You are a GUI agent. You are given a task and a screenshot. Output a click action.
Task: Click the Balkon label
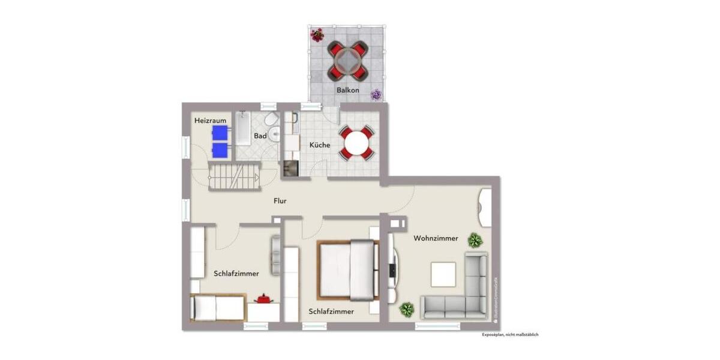click(x=347, y=91)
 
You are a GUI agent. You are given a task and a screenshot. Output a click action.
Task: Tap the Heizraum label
click(x=210, y=121)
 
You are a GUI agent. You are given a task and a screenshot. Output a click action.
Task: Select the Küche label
click(x=319, y=145)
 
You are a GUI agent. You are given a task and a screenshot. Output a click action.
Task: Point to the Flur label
click(x=280, y=201)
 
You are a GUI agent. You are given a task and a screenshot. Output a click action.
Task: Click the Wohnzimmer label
click(x=436, y=238)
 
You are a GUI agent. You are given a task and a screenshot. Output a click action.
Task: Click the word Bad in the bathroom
click(x=260, y=136)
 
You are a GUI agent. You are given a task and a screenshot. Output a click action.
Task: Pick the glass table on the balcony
click(x=347, y=60)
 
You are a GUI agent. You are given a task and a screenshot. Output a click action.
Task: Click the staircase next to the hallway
click(x=235, y=175)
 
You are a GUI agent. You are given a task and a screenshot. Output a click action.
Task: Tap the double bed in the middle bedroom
click(x=349, y=269)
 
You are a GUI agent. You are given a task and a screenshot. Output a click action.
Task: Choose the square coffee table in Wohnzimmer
click(x=443, y=275)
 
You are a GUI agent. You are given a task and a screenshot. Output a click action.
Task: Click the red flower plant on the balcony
click(x=317, y=35)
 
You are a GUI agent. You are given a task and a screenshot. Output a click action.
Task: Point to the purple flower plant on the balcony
click(x=376, y=94)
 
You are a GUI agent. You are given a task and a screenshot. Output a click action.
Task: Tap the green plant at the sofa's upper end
click(x=475, y=241)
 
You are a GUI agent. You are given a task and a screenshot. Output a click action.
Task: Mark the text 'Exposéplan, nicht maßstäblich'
click(x=510, y=335)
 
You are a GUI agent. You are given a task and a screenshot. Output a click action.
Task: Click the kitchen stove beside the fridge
click(x=290, y=169)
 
